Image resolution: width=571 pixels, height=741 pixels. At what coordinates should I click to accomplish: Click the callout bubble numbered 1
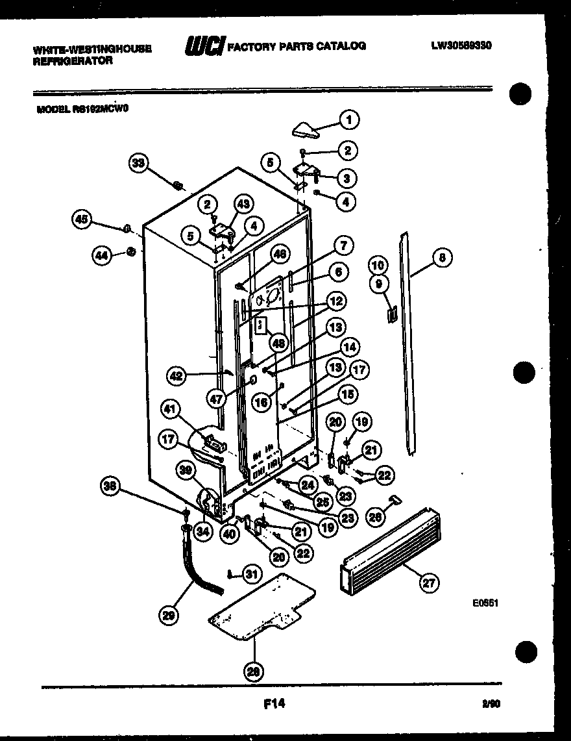tap(348, 119)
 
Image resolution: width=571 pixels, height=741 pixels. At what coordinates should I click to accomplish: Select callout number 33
tap(138, 163)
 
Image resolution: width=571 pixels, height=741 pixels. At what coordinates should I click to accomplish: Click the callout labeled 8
tap(442, 258)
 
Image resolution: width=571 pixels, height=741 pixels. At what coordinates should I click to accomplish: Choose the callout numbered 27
tap(428, 583)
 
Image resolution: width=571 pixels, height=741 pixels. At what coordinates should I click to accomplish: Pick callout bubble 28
tap(254, 672)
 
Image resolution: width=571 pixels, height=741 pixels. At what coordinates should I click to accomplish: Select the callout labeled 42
tap(177, 375)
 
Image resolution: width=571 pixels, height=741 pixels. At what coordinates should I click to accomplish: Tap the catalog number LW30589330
tap(460, 46)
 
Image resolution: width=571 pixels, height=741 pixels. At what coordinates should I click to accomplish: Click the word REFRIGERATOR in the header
tap(72, 60)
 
